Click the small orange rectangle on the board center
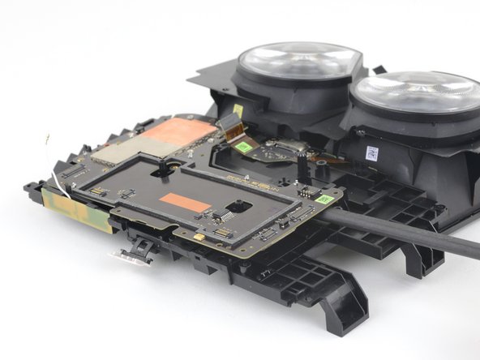pyautogui.click(x=185, y=203)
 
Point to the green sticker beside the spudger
pyautogui.click(x=324, y=199)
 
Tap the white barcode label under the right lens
pyautogui.click(x=372, y=153)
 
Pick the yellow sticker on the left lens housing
pyautogui.click(x=238, y=109)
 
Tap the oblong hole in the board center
pyautogui.click(x=239, y=206)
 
